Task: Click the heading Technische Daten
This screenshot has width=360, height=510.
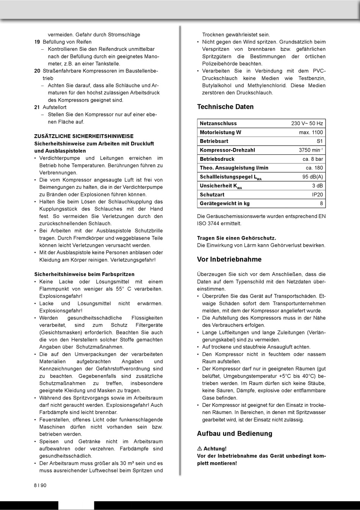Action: coord(225,107)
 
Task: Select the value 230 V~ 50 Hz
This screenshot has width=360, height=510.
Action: coord(307,124)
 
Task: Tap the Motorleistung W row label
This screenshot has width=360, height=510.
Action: coord(220,132)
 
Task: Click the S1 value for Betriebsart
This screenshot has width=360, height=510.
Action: coord(320,141)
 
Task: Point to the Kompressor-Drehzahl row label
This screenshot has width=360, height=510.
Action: coord(227,150)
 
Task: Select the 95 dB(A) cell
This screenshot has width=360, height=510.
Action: coord(313,177)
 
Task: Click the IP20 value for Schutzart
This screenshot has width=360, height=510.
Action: coord(318,195)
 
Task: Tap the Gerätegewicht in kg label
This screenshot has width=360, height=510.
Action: coord(225,204)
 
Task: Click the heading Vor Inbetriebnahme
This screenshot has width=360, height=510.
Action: coord(229,260)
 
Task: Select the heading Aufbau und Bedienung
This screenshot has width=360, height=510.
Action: coord(235,434)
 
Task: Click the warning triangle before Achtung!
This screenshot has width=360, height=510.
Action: coord(199,449)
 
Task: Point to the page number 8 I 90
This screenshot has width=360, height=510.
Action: coord(40,485)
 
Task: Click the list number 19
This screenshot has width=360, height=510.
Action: coord(37,42)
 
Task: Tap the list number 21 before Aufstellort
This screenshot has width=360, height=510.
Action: coord(37,108)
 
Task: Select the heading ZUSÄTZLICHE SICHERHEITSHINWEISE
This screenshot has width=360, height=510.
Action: coord(84,136)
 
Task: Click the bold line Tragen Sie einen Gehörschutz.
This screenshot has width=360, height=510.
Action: coord(236,238)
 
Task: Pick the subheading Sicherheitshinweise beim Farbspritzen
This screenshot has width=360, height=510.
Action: coord(84,274)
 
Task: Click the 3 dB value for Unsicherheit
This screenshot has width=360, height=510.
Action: coord(318,186)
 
